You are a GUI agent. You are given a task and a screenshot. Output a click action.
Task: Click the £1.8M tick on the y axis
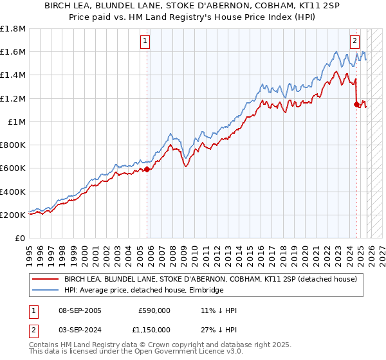coord(13,29)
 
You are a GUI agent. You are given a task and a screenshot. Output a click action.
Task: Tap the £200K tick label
coord(13,215)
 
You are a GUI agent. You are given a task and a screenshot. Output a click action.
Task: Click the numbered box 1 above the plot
coord(145,41)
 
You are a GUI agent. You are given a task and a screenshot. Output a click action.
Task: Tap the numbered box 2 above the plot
coord(354,41)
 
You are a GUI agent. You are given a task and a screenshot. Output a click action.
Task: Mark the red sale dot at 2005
coord(147,170)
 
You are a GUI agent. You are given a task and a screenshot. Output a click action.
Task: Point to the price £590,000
coord(154,310)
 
